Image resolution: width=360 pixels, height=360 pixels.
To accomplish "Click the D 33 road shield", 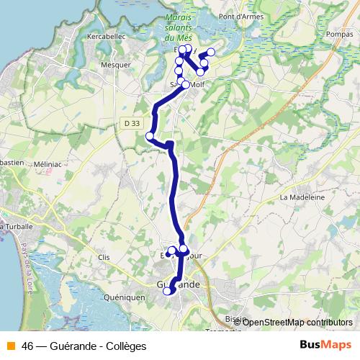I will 131,123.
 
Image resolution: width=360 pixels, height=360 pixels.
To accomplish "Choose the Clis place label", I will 103,257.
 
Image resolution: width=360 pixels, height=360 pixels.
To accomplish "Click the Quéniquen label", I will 125,297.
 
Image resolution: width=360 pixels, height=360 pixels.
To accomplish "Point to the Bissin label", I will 235,318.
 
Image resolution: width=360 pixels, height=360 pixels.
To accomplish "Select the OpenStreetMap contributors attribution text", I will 297,323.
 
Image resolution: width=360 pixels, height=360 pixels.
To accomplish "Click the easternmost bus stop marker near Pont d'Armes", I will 212,52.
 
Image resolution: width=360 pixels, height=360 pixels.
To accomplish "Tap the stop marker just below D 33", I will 150,136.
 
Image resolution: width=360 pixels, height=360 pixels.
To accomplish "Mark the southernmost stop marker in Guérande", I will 168,291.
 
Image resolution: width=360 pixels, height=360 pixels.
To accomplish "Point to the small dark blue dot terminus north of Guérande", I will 167,254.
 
